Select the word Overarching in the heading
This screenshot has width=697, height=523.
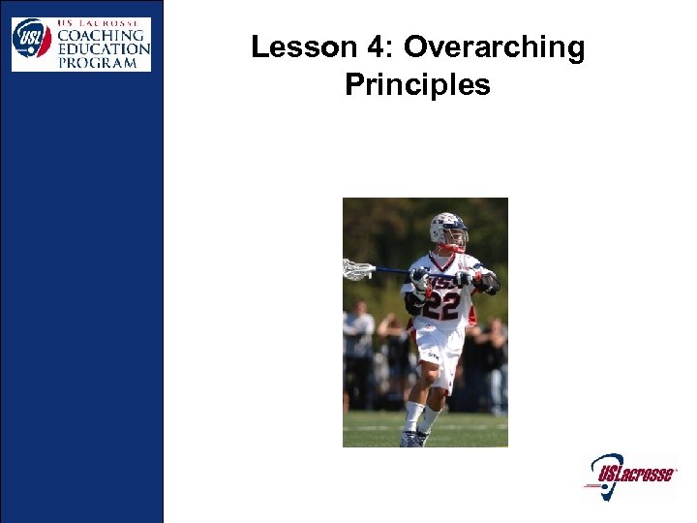point(494,47)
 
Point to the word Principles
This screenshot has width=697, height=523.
point(417,85)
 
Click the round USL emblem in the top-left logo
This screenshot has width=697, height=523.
point(31,39)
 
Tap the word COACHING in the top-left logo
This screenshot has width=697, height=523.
point(102,34)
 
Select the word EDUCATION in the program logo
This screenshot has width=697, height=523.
point(102,47)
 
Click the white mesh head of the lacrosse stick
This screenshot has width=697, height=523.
point(357,268)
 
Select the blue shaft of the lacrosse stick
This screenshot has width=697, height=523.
point(392,270)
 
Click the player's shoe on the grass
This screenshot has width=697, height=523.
point(410,438)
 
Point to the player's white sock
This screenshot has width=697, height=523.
point(414,415)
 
